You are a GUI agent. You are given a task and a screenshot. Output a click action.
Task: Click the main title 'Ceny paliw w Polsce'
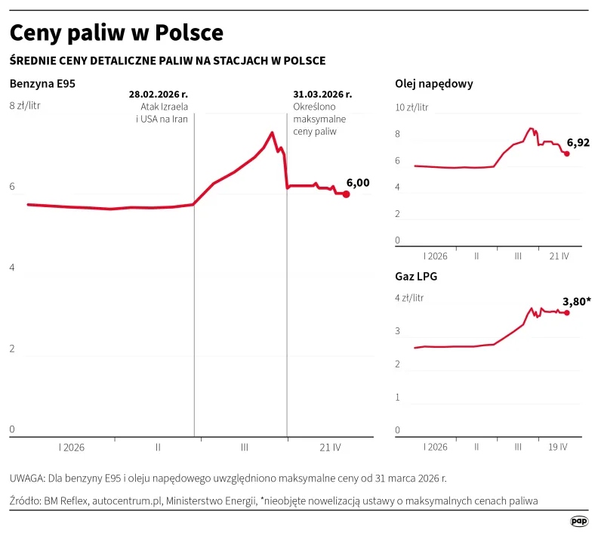point(116,33)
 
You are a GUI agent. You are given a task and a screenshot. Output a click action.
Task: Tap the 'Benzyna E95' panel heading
point(42,84)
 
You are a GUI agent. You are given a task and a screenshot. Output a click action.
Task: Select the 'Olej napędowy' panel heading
point(434,84)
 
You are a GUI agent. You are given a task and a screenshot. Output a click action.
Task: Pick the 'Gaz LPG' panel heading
point(416,276)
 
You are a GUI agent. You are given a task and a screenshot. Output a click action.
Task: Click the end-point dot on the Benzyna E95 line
point(346,194)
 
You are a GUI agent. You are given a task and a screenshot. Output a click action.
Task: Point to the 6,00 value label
point(358,182)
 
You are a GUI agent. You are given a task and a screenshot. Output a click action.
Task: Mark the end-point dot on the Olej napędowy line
point(567,153)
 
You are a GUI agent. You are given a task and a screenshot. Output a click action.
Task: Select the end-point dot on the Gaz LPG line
point(567,312)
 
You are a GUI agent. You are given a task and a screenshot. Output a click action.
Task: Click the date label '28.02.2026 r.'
point(159,95)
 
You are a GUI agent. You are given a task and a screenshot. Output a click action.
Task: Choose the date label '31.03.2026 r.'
point(322,95)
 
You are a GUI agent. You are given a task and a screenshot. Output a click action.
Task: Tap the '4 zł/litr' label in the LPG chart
point(409,298)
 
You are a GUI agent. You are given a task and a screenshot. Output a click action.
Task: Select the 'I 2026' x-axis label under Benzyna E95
point(72,447)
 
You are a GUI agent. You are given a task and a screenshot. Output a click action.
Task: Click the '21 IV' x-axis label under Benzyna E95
point(330,447)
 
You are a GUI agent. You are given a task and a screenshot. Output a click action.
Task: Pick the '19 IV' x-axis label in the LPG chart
point(557,446)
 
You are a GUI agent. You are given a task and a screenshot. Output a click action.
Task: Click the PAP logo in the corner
point(578,521)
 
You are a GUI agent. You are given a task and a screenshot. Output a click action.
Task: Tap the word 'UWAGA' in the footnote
point(27,479)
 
